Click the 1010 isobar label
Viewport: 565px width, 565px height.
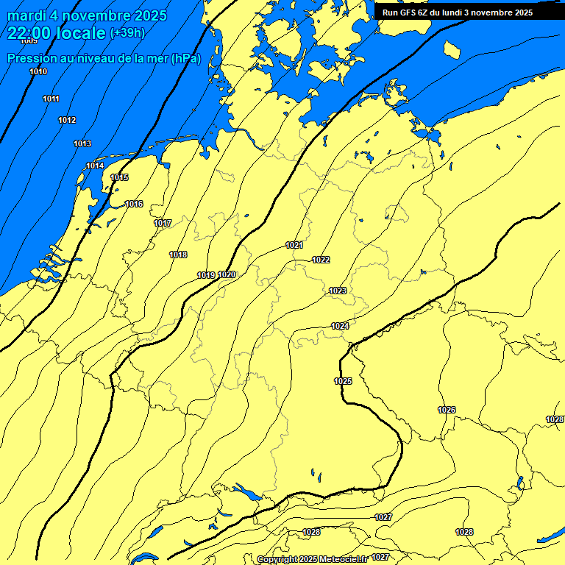pos(38,71)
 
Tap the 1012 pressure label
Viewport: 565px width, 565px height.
pos(67,120)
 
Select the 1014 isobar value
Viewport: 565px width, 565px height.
pos(95,166)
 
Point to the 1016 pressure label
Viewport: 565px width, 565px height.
pos(134,204)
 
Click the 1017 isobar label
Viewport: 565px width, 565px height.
pos(163,223)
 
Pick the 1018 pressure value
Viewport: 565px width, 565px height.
pos(178,255)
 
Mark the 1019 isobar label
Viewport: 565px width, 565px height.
pos(206,275)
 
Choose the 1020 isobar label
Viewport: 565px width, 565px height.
pos(227,274)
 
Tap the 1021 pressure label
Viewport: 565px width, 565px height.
pos(294,245)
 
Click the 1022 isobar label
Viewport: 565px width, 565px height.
pos(321,260)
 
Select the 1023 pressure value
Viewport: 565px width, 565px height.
pos(338,291)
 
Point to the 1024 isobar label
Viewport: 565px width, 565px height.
pos(340,326)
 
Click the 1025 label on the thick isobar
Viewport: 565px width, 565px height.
pos(343,381)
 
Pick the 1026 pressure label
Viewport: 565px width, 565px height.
pos(447,410)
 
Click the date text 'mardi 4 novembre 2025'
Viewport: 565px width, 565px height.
pos(88,15)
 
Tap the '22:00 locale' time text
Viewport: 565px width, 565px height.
pos(57,33)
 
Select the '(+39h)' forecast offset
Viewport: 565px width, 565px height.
pos(127,33)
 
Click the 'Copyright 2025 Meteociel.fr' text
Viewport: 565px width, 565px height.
pos(312,559)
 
